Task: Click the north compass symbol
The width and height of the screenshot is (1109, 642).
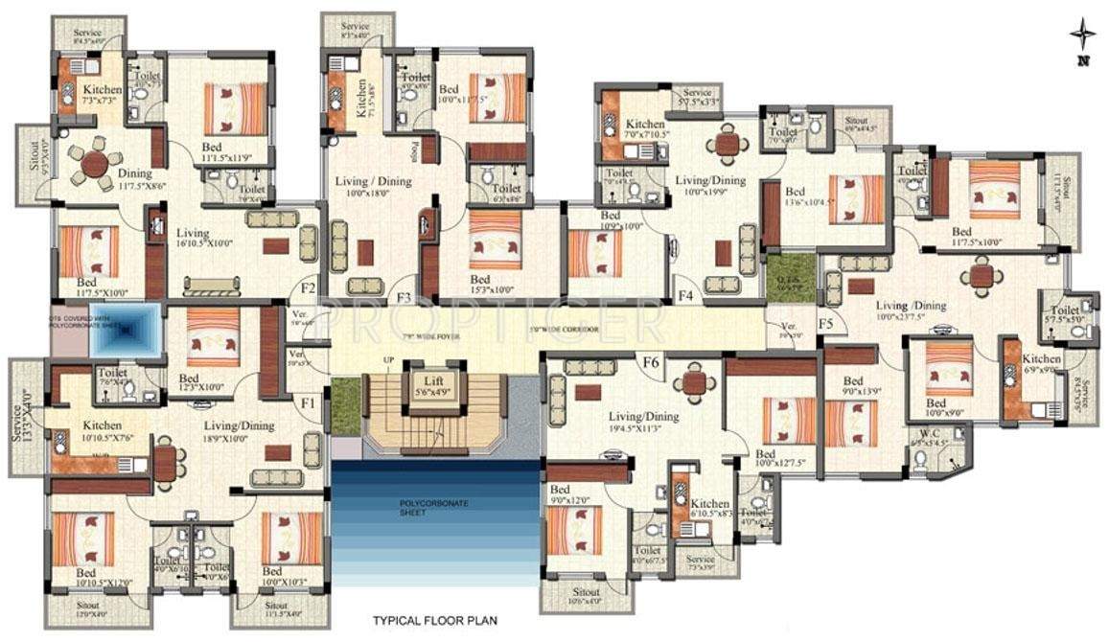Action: (1083, 38)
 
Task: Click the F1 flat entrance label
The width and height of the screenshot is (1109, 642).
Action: (308, 402)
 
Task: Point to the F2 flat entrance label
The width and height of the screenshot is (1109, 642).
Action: (308, 287)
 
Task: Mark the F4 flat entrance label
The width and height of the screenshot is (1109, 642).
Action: (685, 296)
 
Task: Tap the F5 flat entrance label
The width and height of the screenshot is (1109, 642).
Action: (825, 324)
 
